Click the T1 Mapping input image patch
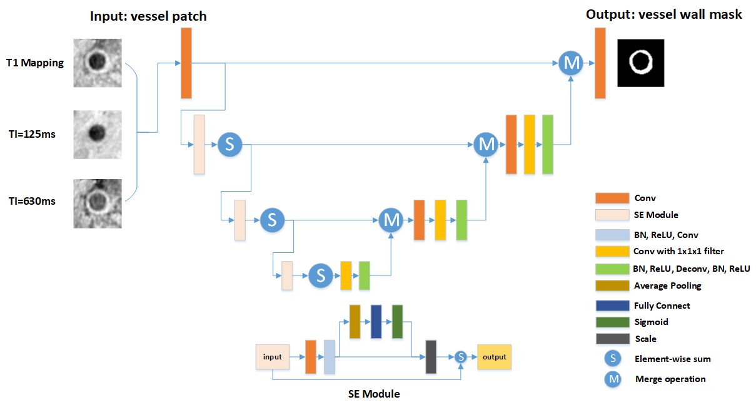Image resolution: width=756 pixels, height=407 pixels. [x=96, y=63]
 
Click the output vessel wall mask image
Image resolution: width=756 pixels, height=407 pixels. [x=641, y=63]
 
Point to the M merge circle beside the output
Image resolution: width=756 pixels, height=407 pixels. [x=570, y=63]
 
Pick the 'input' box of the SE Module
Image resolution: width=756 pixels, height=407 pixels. [x=272, y=357]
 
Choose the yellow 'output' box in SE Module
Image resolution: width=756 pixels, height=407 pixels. [x=494, y=357]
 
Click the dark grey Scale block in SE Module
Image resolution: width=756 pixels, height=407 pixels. [x=431, y=357]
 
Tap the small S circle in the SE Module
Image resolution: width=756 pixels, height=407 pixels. [x=461, y=357]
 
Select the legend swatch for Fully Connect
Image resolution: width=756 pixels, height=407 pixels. [x=612, y=306]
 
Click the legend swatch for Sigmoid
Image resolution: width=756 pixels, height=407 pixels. [x=612, y=322]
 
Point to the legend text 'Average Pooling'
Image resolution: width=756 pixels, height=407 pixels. [x=667, y=286]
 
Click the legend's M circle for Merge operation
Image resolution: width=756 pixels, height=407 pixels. [x=613, y=379]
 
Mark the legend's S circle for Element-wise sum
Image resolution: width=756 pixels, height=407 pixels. [x=613, y=359]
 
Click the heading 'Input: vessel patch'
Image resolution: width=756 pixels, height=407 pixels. [x=148, y=16]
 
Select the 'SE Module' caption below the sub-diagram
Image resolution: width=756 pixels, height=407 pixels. [x=374, y=394]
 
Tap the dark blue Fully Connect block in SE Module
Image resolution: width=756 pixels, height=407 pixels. [x=376, y=322]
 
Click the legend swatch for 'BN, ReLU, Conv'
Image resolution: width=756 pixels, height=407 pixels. [x=612, y=235]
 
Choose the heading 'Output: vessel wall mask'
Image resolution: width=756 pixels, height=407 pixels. [x=664, y=14]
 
